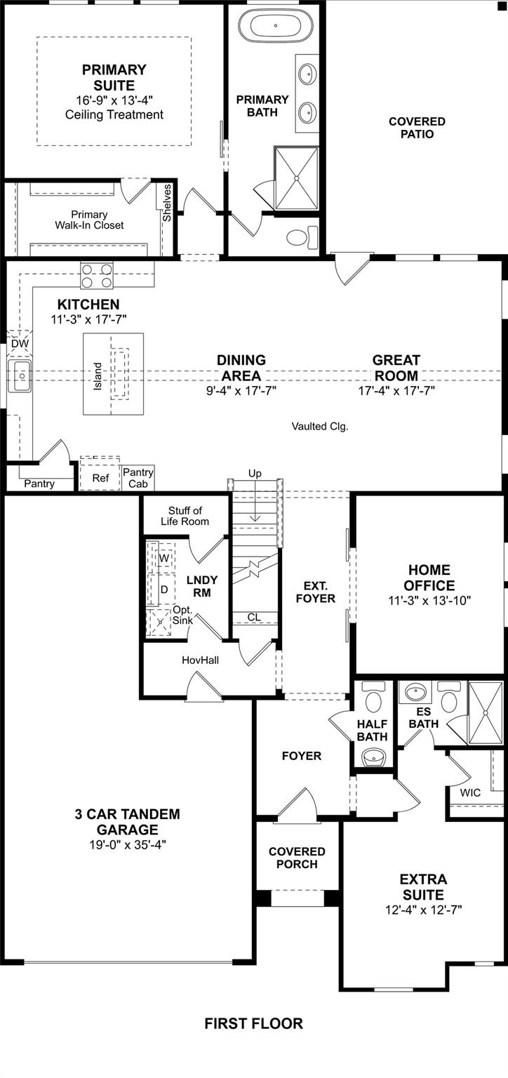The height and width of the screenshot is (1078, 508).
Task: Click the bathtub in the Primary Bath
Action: (x=274, y=26)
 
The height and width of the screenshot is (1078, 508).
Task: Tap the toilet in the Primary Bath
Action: (x=301, y=237)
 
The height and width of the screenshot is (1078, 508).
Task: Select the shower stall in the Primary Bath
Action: (x=295, y=178)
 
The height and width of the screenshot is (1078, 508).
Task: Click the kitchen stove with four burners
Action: (x=98, y=274)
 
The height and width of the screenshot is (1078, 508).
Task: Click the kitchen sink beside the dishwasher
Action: (x=21, y=376)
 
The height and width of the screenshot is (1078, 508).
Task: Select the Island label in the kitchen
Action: (x=98, y=378)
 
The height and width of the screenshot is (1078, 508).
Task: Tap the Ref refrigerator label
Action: (x=101, y=478)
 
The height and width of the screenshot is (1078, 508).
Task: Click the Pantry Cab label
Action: (x=138, y=478)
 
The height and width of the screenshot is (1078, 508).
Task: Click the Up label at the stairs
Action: (x=255, y=474)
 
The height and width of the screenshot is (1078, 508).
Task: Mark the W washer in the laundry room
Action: (x=164, y=557)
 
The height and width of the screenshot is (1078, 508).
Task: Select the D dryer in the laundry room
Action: (x=163, y=590)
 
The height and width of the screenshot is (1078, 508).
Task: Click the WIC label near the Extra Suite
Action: (x=470, y=792)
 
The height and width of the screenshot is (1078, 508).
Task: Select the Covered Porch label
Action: (x=298, y=858)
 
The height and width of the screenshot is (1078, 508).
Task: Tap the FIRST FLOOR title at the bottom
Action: (x=254, y=1023)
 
